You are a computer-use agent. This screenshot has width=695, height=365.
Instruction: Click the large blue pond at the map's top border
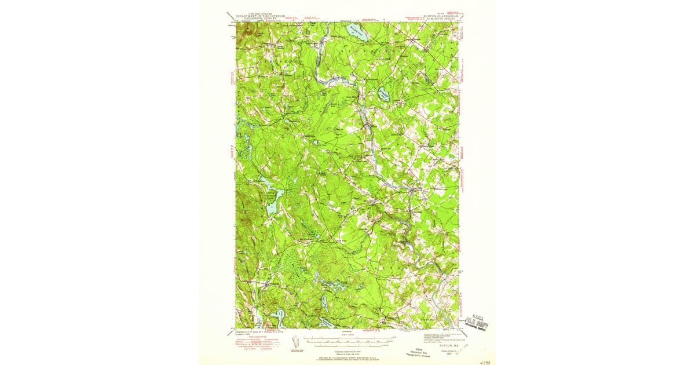[x=357, y=32]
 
